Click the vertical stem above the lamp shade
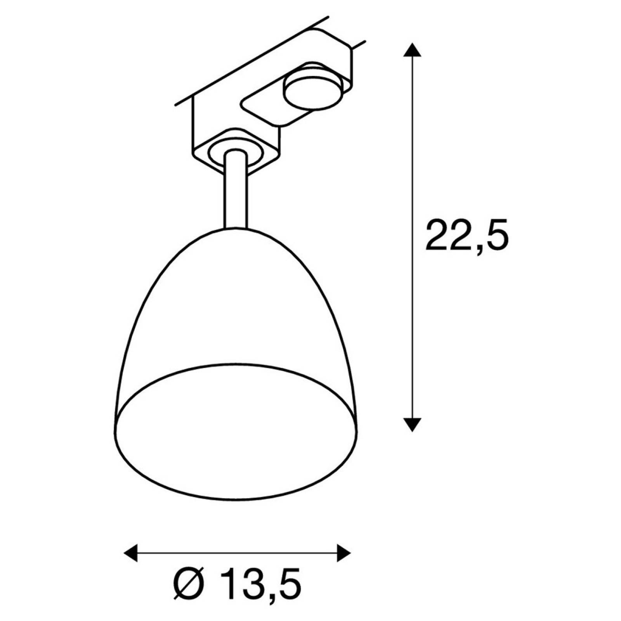pyautogui.click(x=235, y=190)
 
